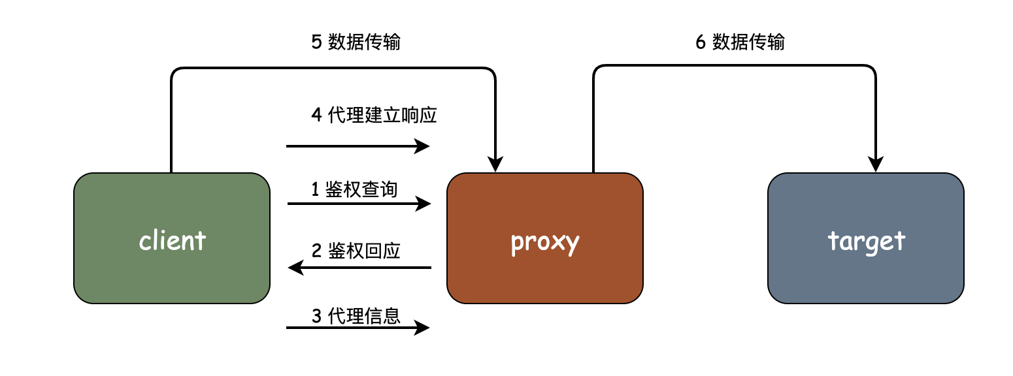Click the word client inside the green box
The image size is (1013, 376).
[173, 241]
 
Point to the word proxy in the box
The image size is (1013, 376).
[544, 242]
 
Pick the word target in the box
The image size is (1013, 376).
[866, 241]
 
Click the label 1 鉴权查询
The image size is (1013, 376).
[354, 189]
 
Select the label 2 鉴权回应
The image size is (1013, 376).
[356, 251]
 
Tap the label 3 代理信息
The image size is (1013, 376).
[356, 316]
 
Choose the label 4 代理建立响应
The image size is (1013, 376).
[374, 116]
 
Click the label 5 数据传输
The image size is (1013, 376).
[356, 42]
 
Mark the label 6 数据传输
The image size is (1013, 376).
[740, 42]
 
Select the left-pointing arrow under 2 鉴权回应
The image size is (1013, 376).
[359, 268]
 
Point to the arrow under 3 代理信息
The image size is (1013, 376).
[357, 328]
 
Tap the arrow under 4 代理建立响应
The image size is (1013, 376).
[357, 146]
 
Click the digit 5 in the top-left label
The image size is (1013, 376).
[316, 42]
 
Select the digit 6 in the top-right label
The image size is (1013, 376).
[701, 42]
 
